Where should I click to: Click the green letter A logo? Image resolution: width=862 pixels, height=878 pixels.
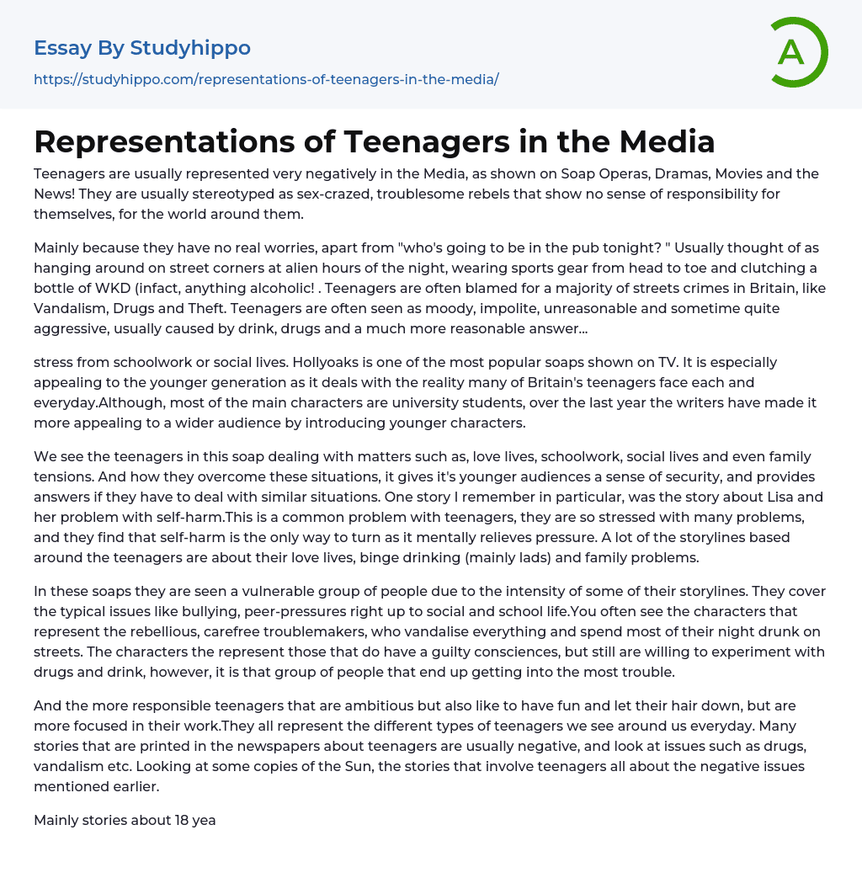[798, 52]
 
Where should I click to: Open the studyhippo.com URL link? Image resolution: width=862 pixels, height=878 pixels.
[266, 79]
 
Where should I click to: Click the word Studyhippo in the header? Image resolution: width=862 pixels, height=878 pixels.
[190, 48]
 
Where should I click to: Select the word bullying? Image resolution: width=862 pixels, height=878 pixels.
[202, 611]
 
